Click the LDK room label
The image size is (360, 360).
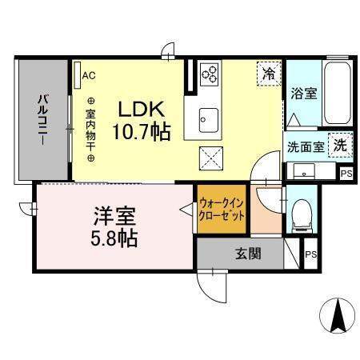(x=141, y=110)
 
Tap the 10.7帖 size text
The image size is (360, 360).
(x=141, y=132)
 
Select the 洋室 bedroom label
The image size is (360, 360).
(x=114, y=216)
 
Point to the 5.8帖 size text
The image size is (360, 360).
(x=114, y=238)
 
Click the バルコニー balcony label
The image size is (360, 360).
(x=42, y=120)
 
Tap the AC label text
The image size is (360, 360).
(x=89, y=75)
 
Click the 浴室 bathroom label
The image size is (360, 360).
(x=304, y=94)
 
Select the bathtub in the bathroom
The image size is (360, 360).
(x=338, y=94)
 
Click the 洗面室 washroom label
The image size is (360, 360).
(x=306, y=147)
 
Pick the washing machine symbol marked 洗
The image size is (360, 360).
(x=341, y=146)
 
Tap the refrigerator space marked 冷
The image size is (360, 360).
(x=269, y=74)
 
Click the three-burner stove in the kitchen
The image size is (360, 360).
(x=209, y=74)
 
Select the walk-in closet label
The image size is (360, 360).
(x=222, y=210)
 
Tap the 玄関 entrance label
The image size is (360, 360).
(x=248, y=254)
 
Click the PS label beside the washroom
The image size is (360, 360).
(x=346, y=174)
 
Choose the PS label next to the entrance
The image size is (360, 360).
(x=310, y=254)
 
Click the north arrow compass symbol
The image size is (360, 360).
(x=337, y=314)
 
